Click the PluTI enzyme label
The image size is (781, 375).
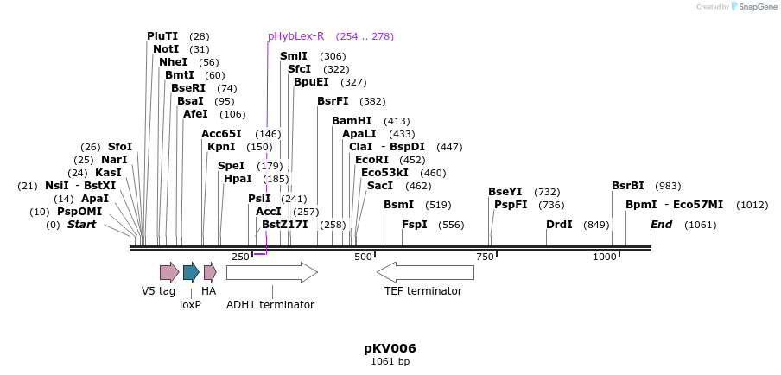pos(162,36)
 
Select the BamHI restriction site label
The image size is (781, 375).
pos(352,121)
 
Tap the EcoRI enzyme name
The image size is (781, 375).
pos(372,160)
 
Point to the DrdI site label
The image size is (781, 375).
pos(559,225)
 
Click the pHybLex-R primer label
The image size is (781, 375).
pos(295,36)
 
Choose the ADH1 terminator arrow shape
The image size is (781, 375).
pos(271,273)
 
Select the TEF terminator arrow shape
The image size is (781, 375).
pos(425,273)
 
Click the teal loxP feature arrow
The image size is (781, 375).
pos(191,273)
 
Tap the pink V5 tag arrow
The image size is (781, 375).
pos(168,273)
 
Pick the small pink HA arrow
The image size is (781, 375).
pos(210,273)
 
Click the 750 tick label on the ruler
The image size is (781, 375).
pos(485,257)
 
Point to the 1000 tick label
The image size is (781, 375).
pos(605,257)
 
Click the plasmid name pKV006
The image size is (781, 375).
pos(390,348)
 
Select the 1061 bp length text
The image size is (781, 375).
pos(390,361)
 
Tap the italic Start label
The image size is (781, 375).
pos(82,225)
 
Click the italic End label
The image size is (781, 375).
pos(661,225)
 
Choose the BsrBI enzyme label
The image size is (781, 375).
pos(628,186)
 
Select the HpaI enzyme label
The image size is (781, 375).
pos(238,179)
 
